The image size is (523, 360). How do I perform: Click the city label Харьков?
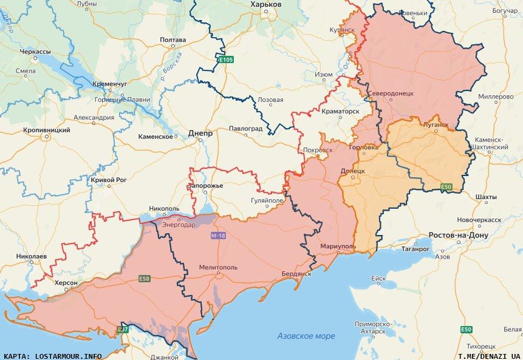[266, 4]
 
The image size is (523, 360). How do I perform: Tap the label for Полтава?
[173, 40]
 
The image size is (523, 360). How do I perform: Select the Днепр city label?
[200, 133]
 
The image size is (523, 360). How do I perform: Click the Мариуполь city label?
[338, 246]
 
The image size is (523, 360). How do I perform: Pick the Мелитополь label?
[218, 267]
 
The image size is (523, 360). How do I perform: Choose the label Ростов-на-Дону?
[459, 235]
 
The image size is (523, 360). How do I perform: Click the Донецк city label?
[353, 171]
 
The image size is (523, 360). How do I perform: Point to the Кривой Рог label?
[109, 180]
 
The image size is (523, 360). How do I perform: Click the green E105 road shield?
[226, 59]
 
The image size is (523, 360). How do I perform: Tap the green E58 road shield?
[144, 279]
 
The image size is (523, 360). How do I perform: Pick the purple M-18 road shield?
[218, 235]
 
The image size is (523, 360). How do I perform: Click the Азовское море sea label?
[306, 336]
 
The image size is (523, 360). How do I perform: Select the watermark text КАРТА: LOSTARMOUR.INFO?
[53, 356]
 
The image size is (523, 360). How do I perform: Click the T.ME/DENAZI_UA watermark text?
[489, 356]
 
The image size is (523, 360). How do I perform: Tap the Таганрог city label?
[415, 249]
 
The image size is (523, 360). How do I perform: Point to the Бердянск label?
[296, 274]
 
